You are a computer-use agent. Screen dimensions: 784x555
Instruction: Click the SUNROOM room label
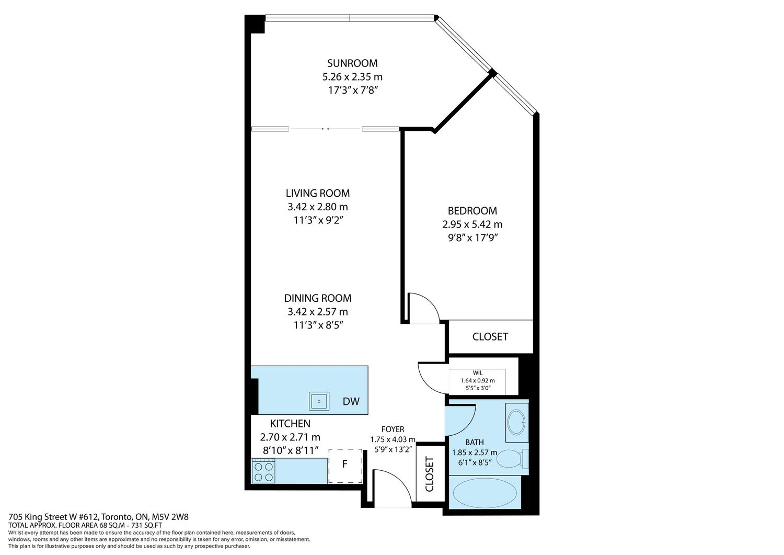pyautogui.click(x=352, y=63)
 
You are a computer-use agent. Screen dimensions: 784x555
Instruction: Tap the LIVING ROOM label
pyautogui.click(x=317, y=194)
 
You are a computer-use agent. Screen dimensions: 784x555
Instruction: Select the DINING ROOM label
pyautogui.click(x=317, y=298)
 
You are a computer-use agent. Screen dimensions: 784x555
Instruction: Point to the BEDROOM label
pyautogui.click(x=472, y=211)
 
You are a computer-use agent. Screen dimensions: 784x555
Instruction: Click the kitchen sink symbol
pyautogui.click(x=319, y=401)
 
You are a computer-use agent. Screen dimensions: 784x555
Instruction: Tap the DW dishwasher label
pyautogui.click(x=351, y=402)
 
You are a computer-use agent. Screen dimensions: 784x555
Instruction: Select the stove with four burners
pyautogui.click(x=263, y=471)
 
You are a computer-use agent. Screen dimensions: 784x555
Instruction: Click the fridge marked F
pyautogui.click(x=345, y=466)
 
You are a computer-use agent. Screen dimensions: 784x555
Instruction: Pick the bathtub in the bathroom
pyautogui.click(x=485, y=493)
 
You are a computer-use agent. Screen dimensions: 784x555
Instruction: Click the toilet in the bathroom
pyautogui.click(x=512, y=459)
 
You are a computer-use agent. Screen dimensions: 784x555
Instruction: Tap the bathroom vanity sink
pyautogui.click(x=516, y=423)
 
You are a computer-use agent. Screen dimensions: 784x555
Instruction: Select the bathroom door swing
pyautogui.click(x=468, y=427)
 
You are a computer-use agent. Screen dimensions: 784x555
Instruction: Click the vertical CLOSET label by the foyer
pyautogui.click(x=430, y=474)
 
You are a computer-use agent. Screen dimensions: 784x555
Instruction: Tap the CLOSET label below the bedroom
pyautogui.click(x=490, y=337)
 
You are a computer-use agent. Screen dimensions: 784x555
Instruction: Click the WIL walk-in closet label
pyautogui.click(x=477, y=373)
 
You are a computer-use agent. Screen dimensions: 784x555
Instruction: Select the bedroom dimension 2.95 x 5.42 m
pyautogui.click(x=472, y=224)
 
